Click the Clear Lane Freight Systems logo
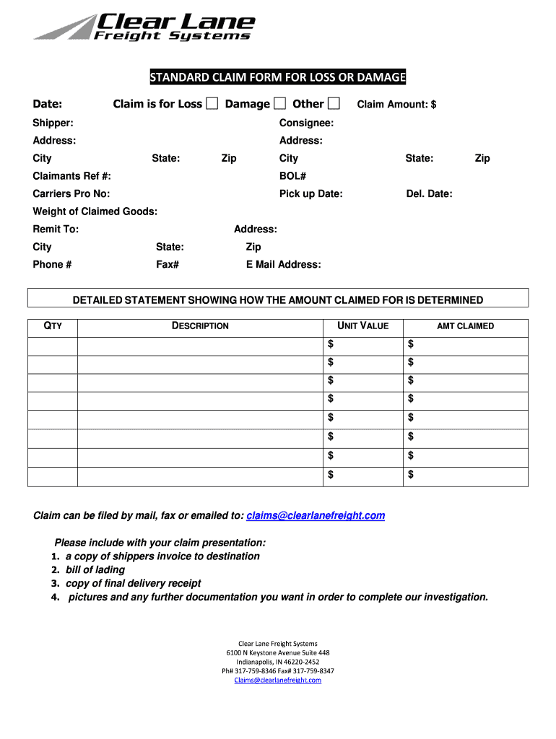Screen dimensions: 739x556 (x=144, y=27)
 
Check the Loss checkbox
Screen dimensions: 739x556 (x=212, y=104)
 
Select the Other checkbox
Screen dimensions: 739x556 (x=334, y=104)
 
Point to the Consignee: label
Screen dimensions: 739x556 (x=306, y=123)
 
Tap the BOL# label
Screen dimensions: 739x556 (x=292, y=176)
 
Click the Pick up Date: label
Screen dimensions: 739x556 (x=310, y=193)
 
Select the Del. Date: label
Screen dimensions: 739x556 (x=429, y=193)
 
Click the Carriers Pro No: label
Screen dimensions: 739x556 (x=71, y=193)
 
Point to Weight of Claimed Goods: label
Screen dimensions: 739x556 (x=95, y=211)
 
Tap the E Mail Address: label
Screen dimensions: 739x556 (x=283, y=264)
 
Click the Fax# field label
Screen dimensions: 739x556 (x=168, y=264)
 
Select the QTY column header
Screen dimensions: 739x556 (x=53, y=326)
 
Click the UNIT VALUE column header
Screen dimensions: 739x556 (x=362, y=326)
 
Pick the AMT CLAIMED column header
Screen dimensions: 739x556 (x=465, y=326)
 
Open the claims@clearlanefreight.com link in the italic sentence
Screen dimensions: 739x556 (x=316, y=515)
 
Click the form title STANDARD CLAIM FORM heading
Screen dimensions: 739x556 (x=277, y=77)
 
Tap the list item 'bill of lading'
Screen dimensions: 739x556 (x=95, y=569)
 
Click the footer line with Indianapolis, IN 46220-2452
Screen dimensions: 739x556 (x=278, y=662)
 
